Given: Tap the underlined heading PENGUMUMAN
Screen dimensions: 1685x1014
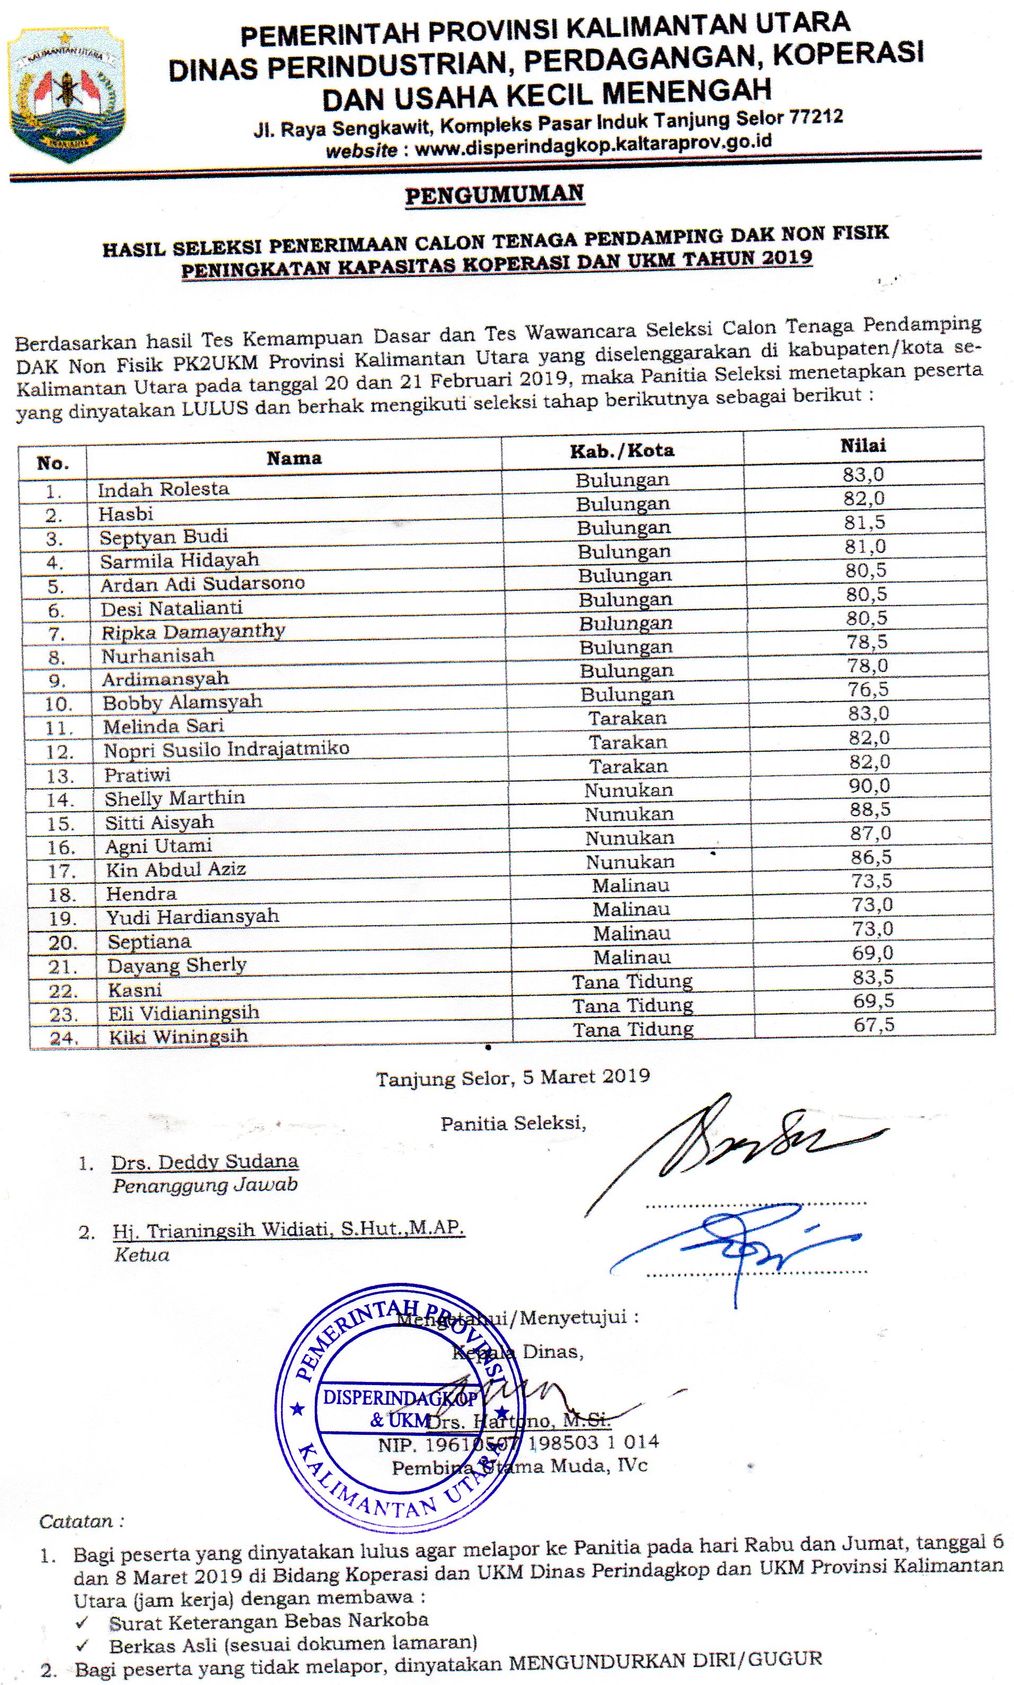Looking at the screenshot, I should point(495,196).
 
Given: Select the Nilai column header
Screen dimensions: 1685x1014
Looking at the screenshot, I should point(863,446).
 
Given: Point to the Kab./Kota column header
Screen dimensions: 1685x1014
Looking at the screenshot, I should point(622,451).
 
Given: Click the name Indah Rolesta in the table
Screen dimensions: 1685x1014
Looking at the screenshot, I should point(163,489).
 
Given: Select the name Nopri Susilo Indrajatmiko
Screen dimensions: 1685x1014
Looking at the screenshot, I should point(226,749).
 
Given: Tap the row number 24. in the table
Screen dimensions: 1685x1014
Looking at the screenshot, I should point(64,1038).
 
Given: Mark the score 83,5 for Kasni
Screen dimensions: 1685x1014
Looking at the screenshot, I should point(872,977).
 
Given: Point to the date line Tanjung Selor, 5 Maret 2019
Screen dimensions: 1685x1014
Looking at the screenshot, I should point(513,1077).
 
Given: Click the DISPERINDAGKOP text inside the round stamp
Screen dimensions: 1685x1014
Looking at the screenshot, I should point(400,1397).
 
